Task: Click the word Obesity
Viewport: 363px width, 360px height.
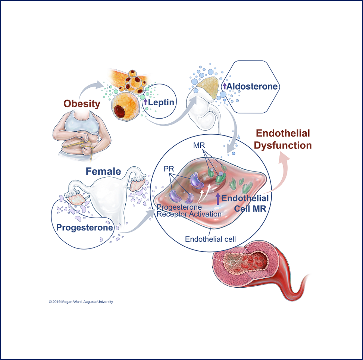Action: (81, 103)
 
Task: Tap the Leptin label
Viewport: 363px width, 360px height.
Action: (161, 102)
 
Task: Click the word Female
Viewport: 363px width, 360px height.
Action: (103, 172)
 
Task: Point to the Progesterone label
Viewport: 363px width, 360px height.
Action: (85, 227)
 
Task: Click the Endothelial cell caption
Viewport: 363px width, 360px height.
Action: (210, 239)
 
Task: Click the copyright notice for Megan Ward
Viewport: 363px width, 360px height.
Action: (81, 302)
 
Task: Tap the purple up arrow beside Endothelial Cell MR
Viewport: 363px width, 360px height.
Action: (218, 198)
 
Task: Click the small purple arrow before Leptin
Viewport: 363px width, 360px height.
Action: (145, 102)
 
